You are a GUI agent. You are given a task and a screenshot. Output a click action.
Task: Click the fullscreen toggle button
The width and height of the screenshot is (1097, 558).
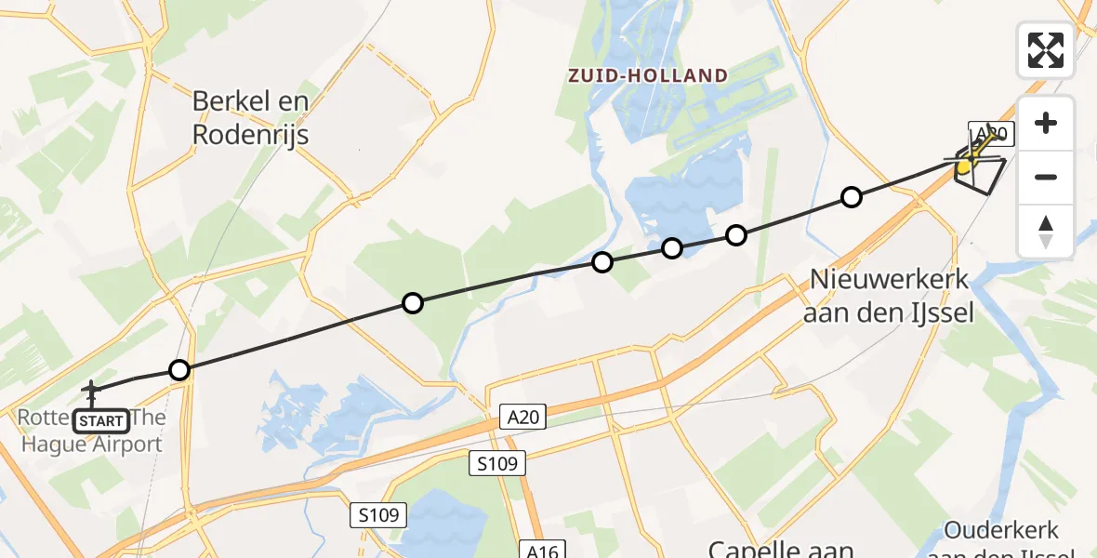coord(1046,50)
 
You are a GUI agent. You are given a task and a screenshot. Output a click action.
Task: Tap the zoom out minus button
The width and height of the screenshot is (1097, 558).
coord(1046,177)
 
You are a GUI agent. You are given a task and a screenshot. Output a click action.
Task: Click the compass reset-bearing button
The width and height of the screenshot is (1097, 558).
coord(1046,232)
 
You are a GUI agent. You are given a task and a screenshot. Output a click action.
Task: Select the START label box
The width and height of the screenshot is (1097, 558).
coord(100,421)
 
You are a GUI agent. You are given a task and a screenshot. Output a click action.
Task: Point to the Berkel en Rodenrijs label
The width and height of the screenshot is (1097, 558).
coord(250,118)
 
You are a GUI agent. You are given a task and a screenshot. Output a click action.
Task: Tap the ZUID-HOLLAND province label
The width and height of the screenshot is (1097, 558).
coord(648,75)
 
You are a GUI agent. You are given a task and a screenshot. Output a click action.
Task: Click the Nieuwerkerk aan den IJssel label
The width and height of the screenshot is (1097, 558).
coord(891,295)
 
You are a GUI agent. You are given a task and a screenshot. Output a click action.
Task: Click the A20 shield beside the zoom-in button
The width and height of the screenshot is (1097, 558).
coord(991,134)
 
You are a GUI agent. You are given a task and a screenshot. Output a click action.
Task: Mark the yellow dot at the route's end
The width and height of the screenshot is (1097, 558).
coord(965,167)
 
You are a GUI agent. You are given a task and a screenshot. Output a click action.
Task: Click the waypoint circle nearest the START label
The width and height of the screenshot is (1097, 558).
coord(180,370)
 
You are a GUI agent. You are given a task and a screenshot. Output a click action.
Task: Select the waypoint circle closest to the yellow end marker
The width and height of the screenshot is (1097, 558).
coord(852,197)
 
